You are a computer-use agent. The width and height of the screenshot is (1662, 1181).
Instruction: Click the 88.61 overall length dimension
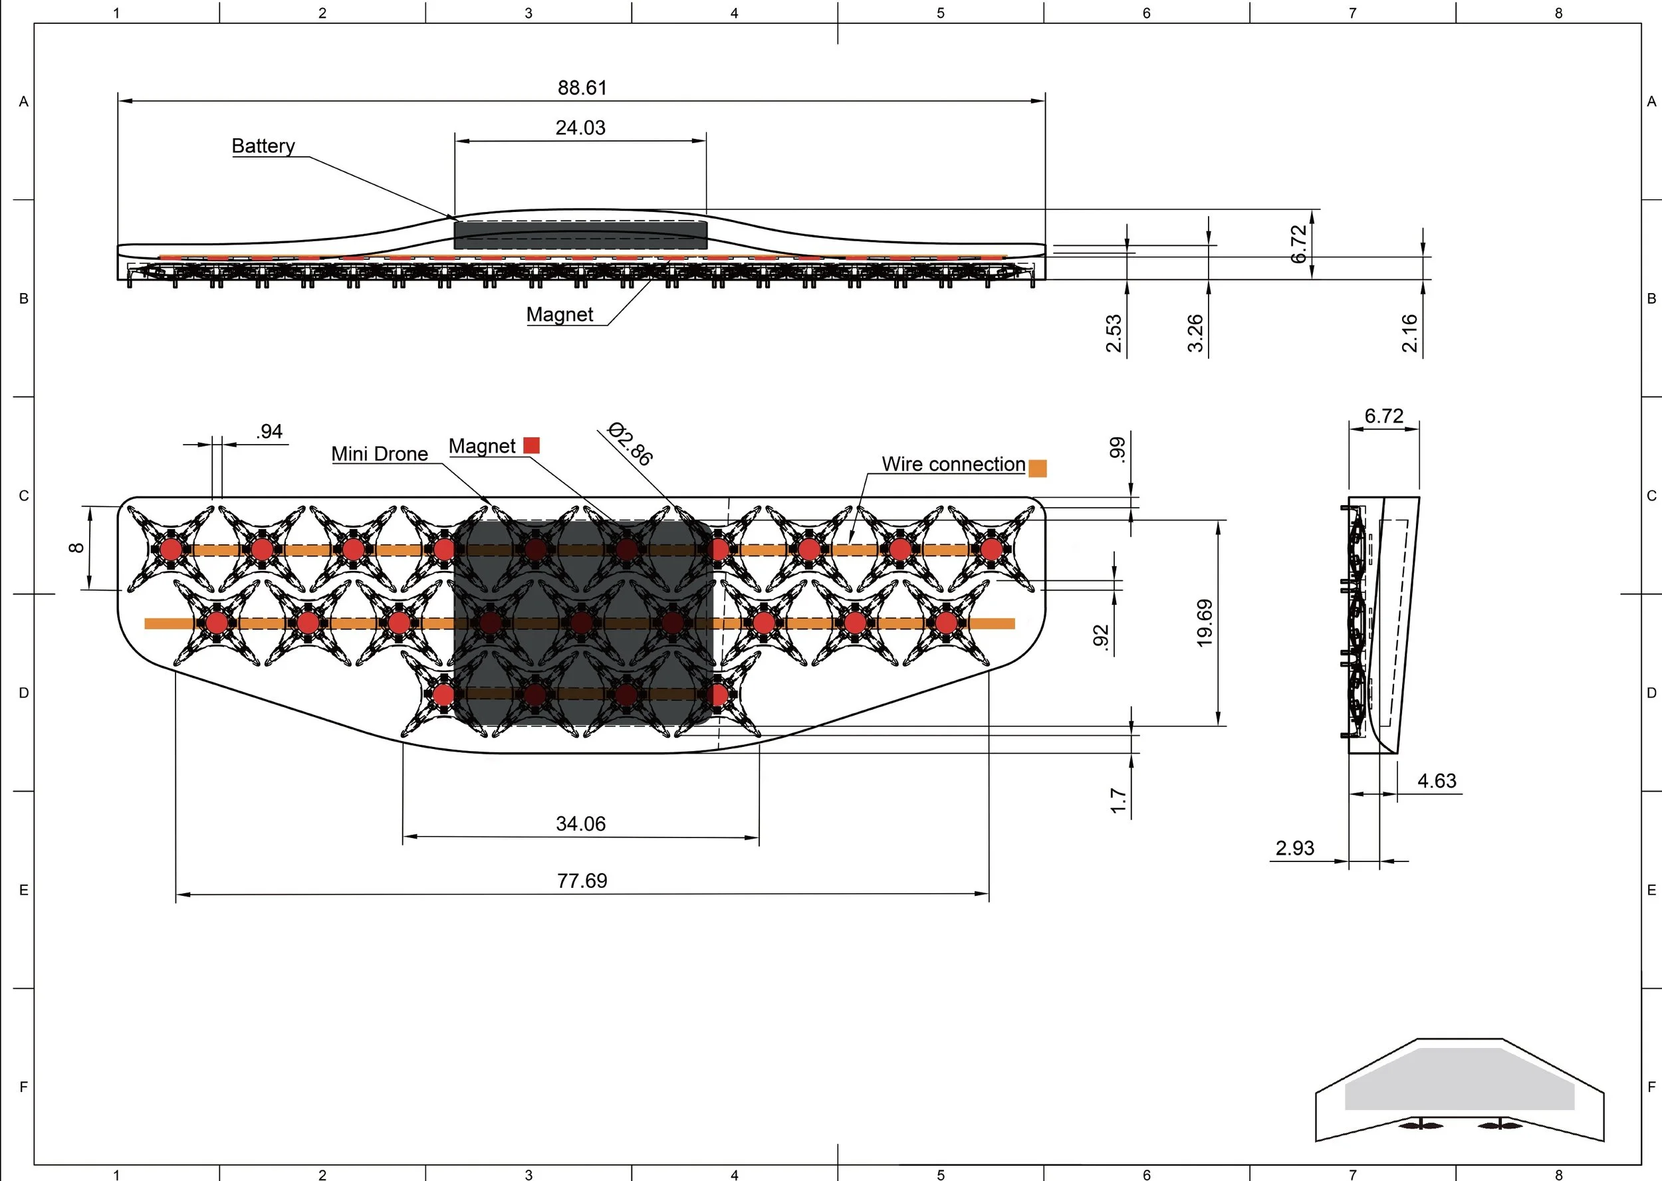pyautogui.click(x=582, y=88)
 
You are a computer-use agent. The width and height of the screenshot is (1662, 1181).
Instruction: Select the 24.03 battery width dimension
pyautogui.click(x=580, y=128)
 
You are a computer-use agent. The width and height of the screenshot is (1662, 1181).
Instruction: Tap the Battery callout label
pyautogui.click(x=263, y=146)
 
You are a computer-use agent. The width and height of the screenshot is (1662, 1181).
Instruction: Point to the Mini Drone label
pyautogui.click(x=380, y=454)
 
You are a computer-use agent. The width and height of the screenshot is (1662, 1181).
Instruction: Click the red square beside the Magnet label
pyautogui.click(x=532, y=445)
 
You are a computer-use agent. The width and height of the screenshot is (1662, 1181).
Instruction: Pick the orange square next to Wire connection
pyautogui.click(x=1038, y=469)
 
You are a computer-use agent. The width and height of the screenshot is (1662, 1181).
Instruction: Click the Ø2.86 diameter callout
pyautogui.click(x=630, y=443)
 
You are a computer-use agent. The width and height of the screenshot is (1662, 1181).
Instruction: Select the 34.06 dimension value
pyautogui.click(x=580, y=824)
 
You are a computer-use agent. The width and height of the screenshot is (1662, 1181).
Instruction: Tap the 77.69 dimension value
pyautogui.click(x=582, y=881)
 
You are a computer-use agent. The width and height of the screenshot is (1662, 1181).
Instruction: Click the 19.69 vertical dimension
pyautogui.click(x=1205, y=623)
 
